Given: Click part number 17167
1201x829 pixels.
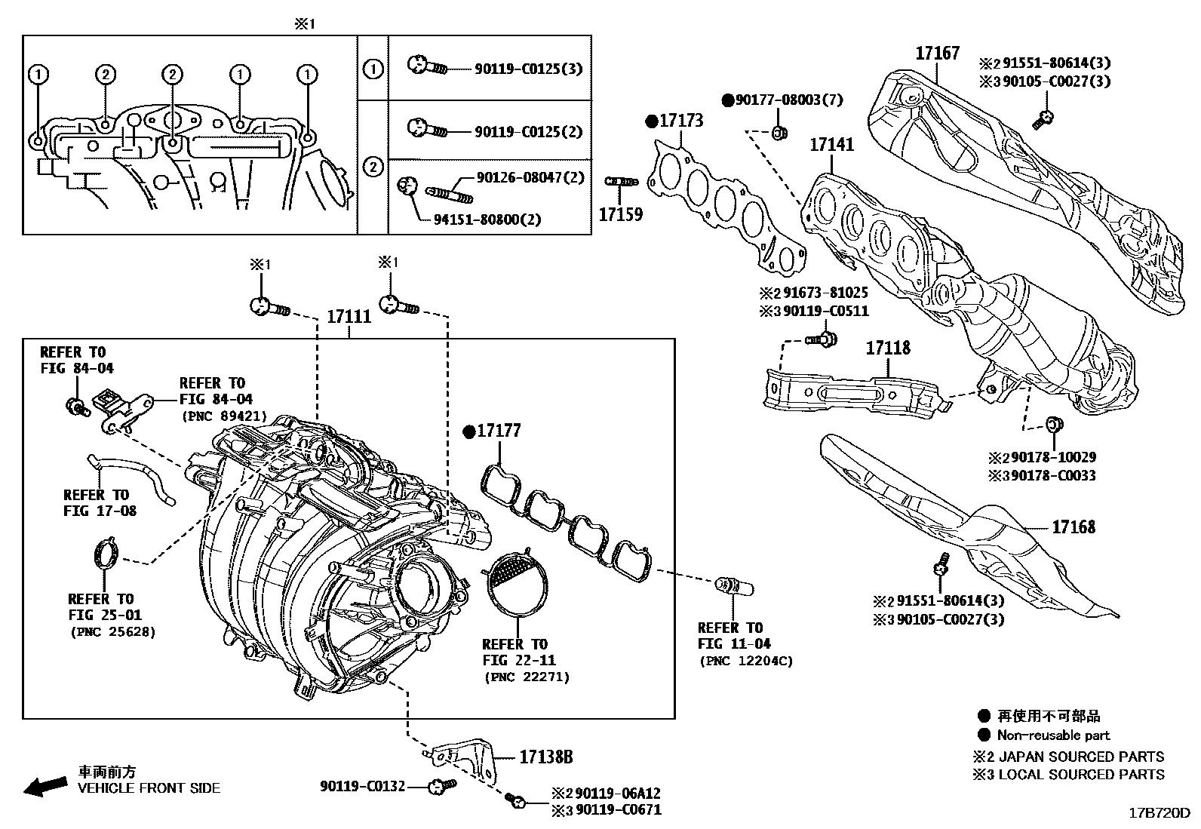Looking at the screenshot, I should click(x=937, y=53).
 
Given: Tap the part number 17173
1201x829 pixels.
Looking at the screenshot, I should click(x=681, y=121).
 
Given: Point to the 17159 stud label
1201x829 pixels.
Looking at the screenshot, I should click(x=620, y=214).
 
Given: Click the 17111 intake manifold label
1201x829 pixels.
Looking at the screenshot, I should click(x=349, y=317).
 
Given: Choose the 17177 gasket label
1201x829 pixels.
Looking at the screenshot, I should click(x=499, y=431).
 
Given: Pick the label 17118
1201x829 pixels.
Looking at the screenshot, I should click(x=887, y=348).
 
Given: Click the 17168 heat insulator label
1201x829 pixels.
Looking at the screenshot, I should click(x=1073, y=527).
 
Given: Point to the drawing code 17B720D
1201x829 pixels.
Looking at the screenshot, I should click(x=1158, y=813).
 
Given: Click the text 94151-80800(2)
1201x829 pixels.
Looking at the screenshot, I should click(x=487, y=220).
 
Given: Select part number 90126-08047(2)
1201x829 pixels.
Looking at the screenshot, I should click(x=530, y=178).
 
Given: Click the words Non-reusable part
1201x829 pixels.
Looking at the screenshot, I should click(x=1053, y=735).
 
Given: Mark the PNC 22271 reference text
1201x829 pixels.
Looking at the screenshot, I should click(x=526, y=677).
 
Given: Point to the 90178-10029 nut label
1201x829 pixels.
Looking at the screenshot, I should click(x=1053, y=457).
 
